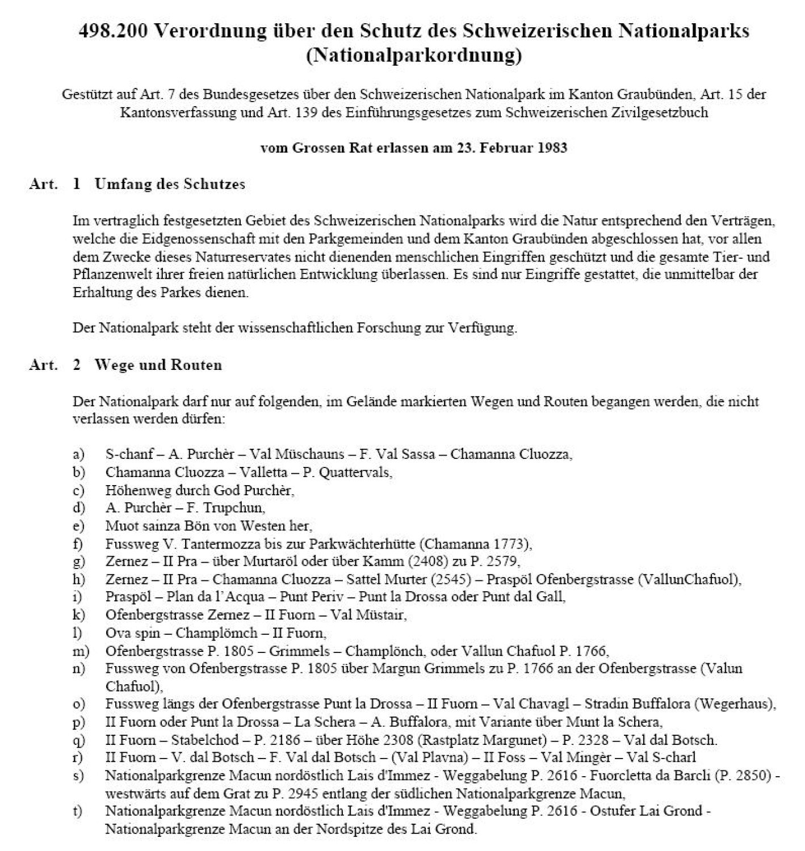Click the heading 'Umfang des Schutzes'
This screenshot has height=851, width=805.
click(x=170, y=184)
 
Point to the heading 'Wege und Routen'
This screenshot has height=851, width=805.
click(x=158, y=365)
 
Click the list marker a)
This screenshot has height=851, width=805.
click(x=78, y=454)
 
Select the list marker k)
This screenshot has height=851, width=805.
click(x=78, y=614)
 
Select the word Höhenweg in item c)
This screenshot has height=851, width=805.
click(x=132, y=490)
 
